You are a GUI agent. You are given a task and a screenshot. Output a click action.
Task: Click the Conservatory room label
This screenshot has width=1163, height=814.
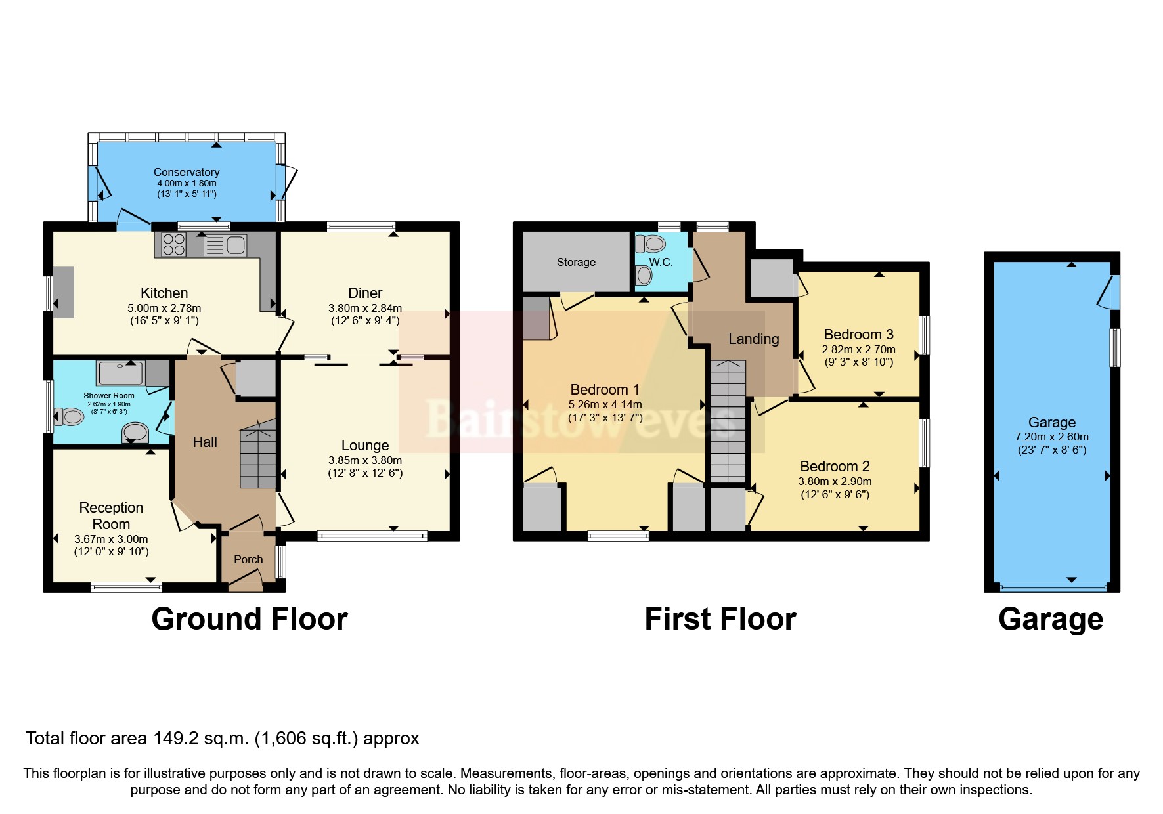click(x=187, y=172)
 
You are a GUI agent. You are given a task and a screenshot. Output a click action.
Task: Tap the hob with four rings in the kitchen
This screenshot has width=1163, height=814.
click(x=174, y=245)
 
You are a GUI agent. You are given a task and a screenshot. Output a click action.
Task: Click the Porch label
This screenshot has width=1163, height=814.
click(x=248, y=559)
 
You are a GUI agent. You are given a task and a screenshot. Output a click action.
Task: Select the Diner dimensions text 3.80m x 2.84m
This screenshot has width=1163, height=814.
click(x=365, y=307)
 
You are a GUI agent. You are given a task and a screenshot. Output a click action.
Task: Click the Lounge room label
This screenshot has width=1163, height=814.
click(x=365, y=445)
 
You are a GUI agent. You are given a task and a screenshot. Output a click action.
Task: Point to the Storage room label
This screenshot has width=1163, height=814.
click(x=576, y=262)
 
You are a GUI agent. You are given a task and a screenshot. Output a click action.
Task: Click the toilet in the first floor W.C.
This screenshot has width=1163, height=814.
click(x=652, y=244)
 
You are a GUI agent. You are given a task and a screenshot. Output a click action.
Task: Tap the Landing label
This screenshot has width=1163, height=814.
click(x=753, y=339)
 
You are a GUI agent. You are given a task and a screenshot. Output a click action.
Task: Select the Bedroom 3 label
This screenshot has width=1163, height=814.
click(x=858, y=334)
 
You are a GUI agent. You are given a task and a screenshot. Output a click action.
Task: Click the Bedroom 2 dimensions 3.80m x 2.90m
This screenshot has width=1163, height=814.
click(x=835, y=481)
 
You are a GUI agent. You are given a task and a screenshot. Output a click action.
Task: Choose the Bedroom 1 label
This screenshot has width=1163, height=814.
click(x=604, y=389)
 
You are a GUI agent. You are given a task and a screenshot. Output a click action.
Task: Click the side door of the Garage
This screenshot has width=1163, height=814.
click(x=1110, y=291)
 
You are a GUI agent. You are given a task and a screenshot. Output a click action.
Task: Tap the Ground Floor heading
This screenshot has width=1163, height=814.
click(x=249, y=619)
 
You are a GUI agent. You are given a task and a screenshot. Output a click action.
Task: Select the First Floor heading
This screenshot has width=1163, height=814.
click(x=720, y=619)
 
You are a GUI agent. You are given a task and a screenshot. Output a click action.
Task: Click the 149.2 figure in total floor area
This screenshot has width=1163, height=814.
click(x=171, y=739)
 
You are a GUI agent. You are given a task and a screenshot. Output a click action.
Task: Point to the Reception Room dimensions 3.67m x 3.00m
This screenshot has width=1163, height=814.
click(x=111, y=539)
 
